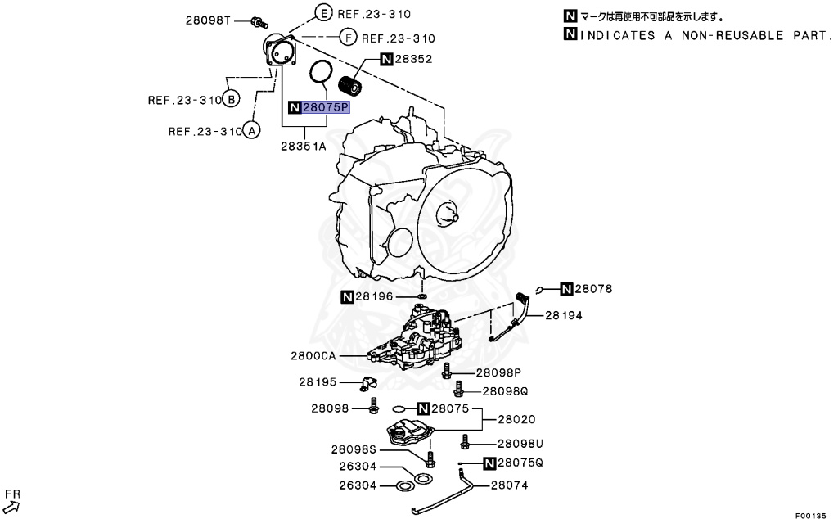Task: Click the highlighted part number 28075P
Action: (327, 107)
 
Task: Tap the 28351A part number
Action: (304, 147)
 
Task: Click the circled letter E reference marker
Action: (322, 13)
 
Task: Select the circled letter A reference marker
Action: (252, 130)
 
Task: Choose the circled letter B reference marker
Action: (232, 100)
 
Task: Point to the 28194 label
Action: (564, 314)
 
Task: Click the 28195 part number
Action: (318, 381)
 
